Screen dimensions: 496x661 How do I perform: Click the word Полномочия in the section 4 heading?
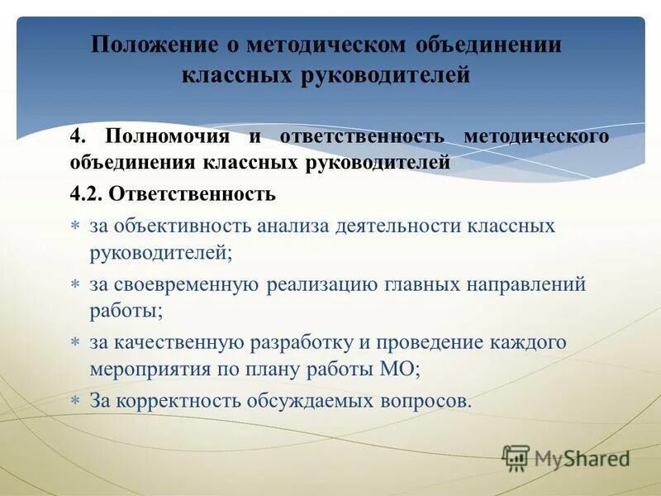(171, 136)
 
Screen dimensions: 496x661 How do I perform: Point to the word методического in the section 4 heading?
(537, 136)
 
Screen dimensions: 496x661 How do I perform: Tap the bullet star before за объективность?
(74, 226)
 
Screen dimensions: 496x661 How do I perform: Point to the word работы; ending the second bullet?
(126, 312)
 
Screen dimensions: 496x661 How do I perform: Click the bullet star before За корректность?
(74, 402)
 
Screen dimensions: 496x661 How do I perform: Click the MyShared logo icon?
(516, 456)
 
